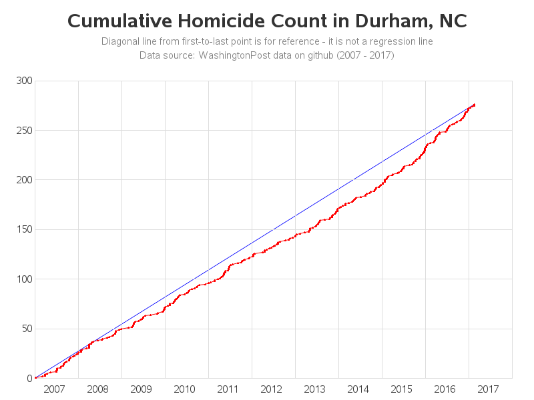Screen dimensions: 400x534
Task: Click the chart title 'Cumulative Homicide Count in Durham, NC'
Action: (267, 21)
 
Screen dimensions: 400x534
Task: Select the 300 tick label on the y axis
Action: (25, 81)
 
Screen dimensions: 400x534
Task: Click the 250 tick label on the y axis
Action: (25, 131)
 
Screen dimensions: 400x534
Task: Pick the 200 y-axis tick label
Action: (25, 180)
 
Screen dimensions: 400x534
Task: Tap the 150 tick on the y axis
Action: (25, 229)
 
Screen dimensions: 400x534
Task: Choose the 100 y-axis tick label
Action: (25, 279)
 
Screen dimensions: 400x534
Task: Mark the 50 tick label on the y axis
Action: (27, 329)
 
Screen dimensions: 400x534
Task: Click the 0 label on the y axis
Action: (29, 378)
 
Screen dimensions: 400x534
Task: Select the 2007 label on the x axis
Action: (54, 389)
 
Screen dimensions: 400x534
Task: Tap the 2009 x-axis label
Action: (141, 389)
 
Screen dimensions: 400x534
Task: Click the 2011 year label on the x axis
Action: (228, 389)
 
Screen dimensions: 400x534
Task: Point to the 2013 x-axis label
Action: (314, 389)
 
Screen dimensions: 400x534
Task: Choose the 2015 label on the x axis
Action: (401, 389)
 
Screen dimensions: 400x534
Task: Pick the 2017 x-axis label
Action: (488, 389)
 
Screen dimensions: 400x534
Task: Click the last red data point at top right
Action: (474, 105)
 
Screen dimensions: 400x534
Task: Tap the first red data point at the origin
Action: (35, 378)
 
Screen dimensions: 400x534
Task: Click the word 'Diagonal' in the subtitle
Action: (119, 41)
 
